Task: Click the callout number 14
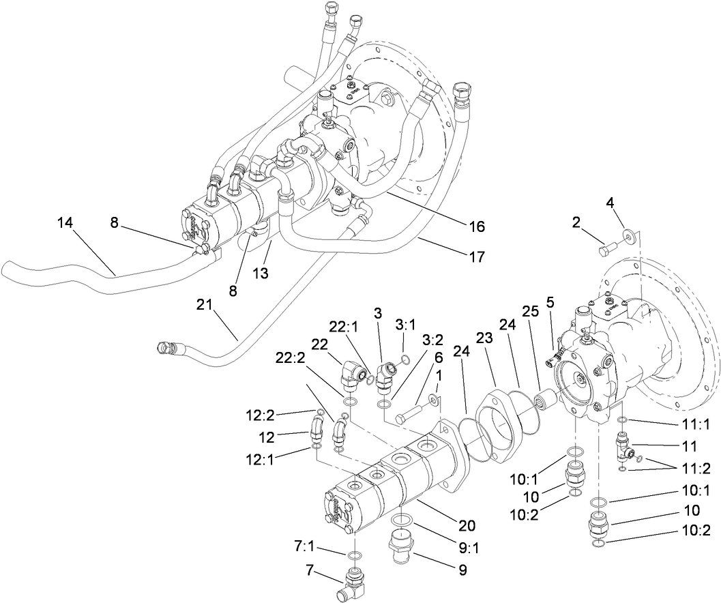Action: click(x=65, y=223)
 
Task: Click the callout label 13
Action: click(x=261, y=273)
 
